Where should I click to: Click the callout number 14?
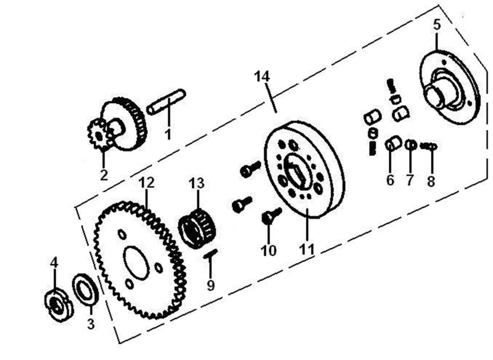(x=262, y=77)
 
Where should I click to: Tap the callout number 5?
(x=437, y=25)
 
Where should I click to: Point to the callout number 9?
(x=210, y=285)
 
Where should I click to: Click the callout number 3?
(x=91, y=324)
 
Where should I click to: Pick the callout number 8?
(x=431, y=181)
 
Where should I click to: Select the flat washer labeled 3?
(x=85, y=290)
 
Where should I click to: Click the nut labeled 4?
(x=58, y=306)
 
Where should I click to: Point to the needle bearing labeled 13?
(x=197, y=227)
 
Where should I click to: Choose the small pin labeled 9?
(x=211, y=253)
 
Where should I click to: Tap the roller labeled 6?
(x=393, y=143)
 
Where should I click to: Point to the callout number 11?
(x=307, y=249)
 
